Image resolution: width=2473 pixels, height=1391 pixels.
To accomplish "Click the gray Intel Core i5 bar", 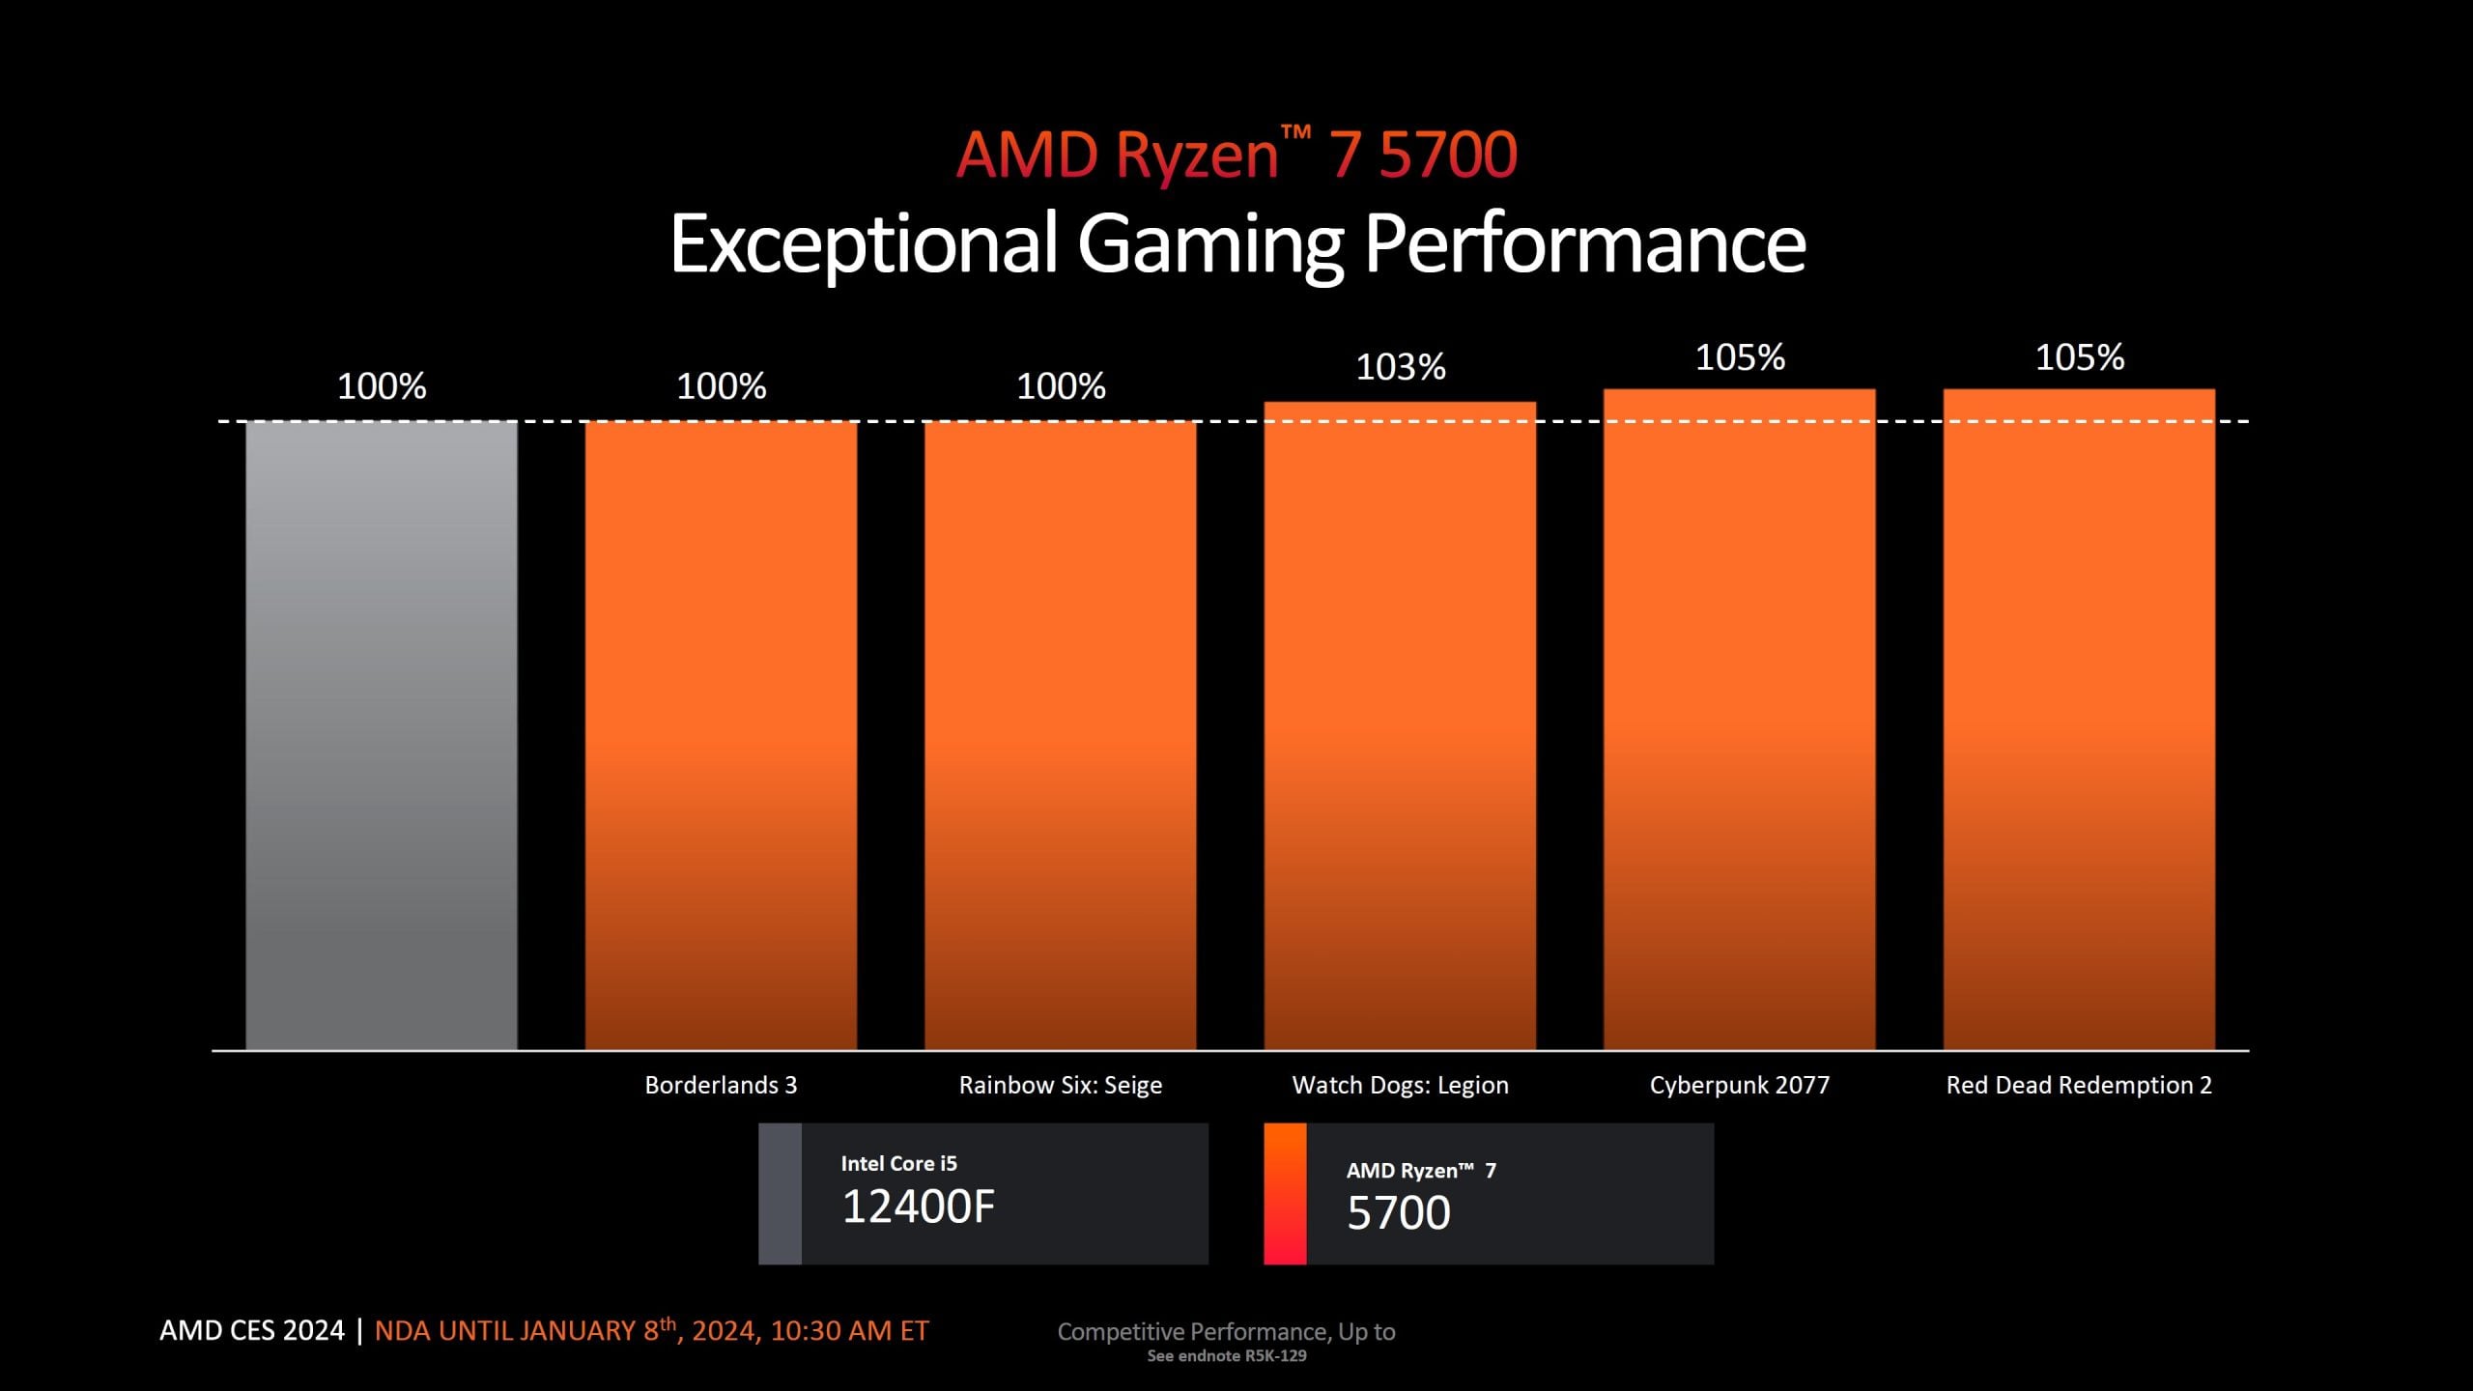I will (x=382, y=734).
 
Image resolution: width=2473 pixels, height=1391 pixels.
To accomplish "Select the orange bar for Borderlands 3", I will (x=721, y=734).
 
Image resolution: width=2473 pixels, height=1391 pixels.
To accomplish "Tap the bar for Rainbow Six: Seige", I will (x=1060, y=734).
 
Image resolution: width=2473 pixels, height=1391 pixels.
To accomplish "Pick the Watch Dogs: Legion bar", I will (x=1400, y=724).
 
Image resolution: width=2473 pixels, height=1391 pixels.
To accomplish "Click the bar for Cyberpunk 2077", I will (x=1739, y=720).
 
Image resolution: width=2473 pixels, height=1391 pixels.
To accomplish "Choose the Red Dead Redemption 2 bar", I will (x=2079, y=720).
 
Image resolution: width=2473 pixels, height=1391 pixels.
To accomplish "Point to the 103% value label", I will (x=1401, y=367).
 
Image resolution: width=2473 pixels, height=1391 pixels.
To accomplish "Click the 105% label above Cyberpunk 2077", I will (x=1740, y=357).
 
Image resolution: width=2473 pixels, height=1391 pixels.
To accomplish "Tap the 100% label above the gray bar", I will (x=382, y=386).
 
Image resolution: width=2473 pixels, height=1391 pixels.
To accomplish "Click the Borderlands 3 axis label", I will (x=721, y=1085).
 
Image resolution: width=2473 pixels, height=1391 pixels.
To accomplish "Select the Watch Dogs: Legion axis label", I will (x=1400, y=1085).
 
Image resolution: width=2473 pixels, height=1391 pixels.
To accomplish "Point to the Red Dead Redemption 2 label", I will (x=2079, y=1085).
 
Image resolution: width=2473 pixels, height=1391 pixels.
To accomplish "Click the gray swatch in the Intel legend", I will (x=780, y=1193).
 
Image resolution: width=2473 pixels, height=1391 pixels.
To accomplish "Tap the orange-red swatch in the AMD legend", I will (x=1285, y=1193).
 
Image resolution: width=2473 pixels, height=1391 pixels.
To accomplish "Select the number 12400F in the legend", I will (x=918, y=1206).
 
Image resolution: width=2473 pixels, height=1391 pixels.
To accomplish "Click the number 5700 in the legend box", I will (x=1399, y=1213).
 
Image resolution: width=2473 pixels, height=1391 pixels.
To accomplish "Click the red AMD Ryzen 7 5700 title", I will (x=1236, y=155).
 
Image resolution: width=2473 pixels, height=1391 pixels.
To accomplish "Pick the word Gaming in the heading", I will (x=1209, y=243).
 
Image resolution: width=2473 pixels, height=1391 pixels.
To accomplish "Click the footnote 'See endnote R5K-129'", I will (x=1227, y=1356).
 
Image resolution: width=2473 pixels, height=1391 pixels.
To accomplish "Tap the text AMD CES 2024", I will (x=251, y=1330).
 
